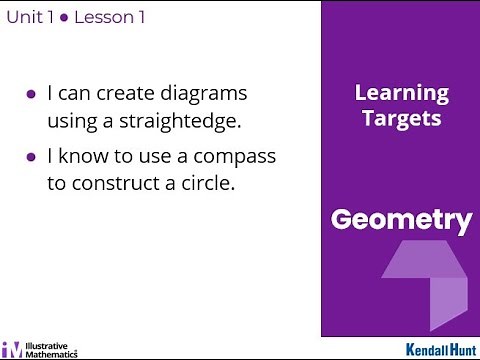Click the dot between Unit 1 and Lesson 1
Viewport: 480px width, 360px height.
click(62, 18)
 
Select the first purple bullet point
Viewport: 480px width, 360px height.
click(31, 95)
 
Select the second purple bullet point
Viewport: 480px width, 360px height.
click(31, 158)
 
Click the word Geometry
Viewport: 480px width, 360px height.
click(400, 220)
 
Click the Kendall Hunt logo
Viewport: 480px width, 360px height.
click(440, 349)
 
